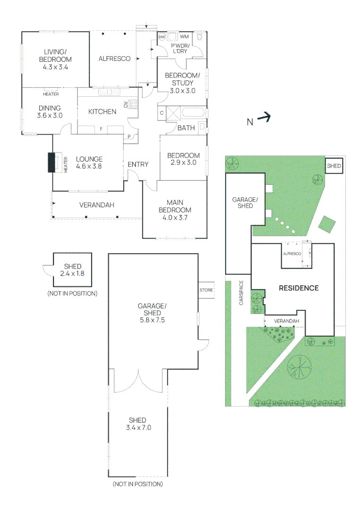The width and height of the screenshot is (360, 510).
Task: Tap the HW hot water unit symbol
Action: pyautogui.click(x=162, y=37)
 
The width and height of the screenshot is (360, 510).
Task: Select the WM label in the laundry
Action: pyautogui.click(x=184, y=37)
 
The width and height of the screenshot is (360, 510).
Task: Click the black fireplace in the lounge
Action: pyautogui.click(x=52, y=162)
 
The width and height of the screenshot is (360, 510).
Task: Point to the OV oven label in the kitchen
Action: pyautogui.click(x=126, y=105)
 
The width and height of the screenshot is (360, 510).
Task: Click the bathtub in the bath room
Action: pyautogui.click(x=193, y=113)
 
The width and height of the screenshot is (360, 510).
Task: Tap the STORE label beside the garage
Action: pyautogui.click(x=206, y=290)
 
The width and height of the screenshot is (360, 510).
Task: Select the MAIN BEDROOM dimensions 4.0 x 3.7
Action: pyautogui.click(x=175, y=218)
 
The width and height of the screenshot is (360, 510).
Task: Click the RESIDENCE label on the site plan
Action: pyautogui.click(x=299, y=288)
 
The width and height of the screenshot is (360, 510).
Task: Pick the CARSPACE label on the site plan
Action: pyautogui.click(x=241, y=293)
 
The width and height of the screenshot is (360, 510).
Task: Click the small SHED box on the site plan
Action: pyautogui.click(x=334, y=166)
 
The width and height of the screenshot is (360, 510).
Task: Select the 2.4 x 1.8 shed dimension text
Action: pyautogui.click(x=72, y=273)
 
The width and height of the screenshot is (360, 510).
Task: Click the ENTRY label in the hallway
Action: pyautogui.click(x=138, y=164)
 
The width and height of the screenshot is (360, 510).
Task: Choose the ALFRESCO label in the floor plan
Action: pyautogui.click(x=114, y=59)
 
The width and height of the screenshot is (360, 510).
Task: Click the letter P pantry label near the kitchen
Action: pyautogui.click(x=129, y=137)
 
